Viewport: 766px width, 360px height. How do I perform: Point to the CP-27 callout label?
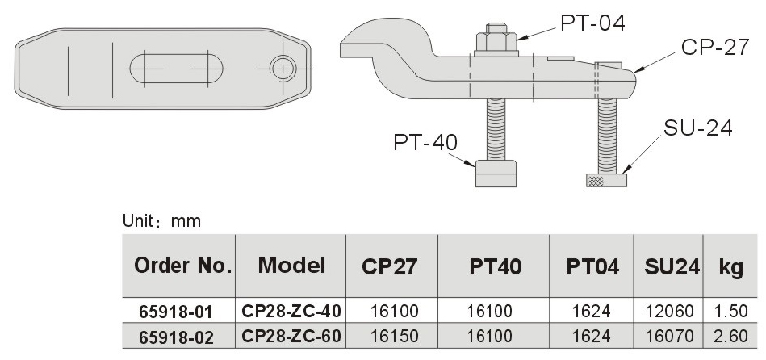pyautogui.click(x=714, y=48)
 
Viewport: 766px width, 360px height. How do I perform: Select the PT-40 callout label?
pyautogui.click(x=425, y=144)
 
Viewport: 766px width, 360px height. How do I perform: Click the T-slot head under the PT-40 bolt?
pyautogui.click(x=494, y=173)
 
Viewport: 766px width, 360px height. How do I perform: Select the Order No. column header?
pyautogui.click(x=178, y=265)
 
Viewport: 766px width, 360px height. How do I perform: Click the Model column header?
pyautogui.click(x=291, y=265)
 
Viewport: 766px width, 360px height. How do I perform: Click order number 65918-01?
pyautogui.click(x=178, y=311)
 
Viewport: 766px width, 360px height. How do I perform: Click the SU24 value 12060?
pyautogui.click(x=668, y=311)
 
